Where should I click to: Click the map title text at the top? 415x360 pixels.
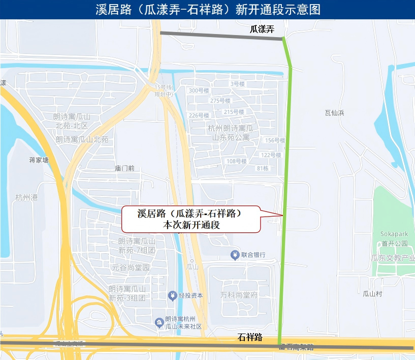[x=207, y=10]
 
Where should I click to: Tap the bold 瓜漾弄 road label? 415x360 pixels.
[x=262, y=29]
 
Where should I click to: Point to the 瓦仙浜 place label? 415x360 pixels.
[x=335, y=113]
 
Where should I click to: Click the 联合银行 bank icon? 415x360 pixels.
[x=235, y=255]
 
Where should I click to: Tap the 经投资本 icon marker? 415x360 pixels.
[x=173, y=295]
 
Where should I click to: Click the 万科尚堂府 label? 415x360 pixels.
[x=239, y=295]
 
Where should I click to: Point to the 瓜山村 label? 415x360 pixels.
[x=372, y=293]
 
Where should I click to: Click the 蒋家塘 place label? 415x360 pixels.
[x=39, y=160]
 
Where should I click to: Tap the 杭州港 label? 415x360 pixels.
[x=26, y=197]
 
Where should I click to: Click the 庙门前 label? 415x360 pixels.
[x=124, y=168]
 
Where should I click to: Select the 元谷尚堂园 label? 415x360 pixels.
[x=131, y=267]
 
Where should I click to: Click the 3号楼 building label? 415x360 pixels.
[x=238, y=83]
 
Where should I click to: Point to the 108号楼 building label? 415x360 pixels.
[x=236, y=161]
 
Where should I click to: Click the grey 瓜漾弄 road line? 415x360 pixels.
[x=221, y=36]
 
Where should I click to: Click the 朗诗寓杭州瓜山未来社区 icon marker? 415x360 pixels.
[x=159, y=322]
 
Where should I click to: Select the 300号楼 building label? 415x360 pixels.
[x=199, y=91]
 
